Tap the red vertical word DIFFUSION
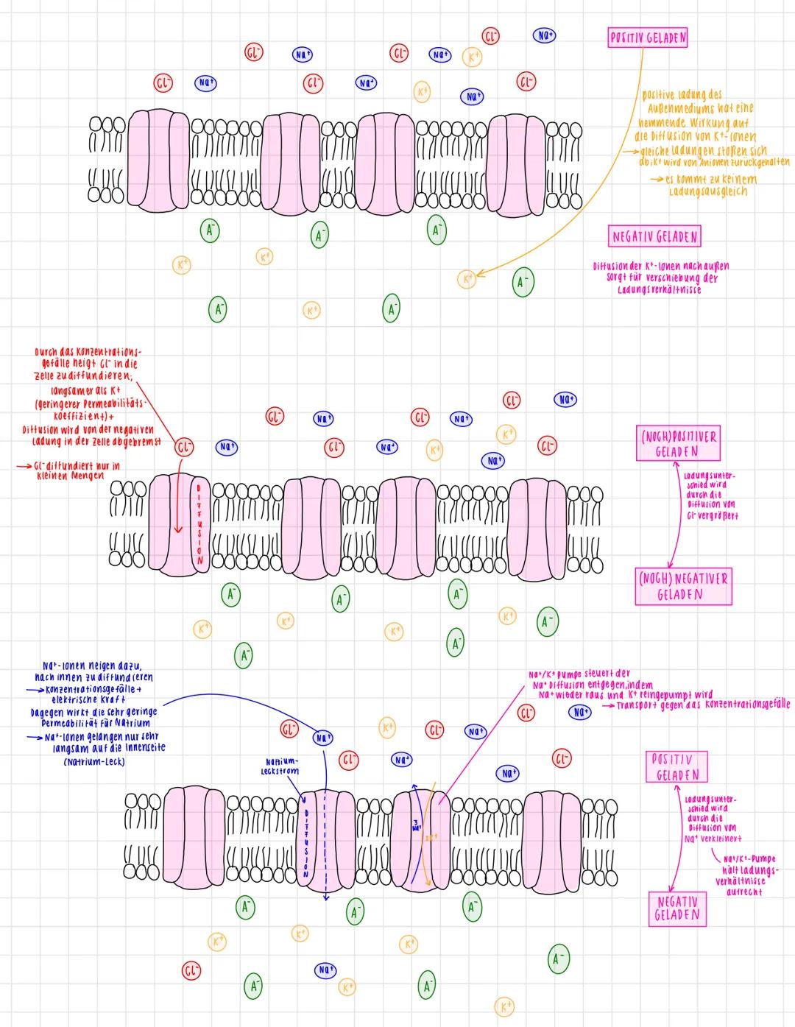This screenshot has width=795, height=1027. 197,523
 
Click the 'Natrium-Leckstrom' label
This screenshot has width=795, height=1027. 280,766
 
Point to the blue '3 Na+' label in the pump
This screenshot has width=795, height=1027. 416,825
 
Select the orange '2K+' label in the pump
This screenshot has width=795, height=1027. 431,836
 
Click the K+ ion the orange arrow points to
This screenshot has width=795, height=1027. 467,279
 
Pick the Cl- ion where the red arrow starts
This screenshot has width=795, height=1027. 183,447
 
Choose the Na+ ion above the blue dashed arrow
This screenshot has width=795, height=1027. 322,737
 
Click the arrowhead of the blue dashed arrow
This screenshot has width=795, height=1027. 325,897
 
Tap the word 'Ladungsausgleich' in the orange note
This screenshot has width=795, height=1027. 707,191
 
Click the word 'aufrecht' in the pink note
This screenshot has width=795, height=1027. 743,892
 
